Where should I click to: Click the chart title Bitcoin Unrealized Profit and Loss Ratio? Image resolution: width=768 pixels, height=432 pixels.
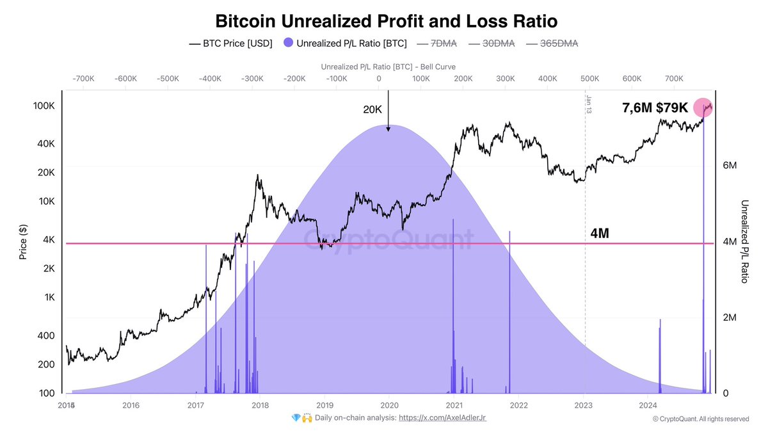tap(386, 21)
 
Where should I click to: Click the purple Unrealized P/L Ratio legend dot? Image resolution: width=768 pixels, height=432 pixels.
tap(288, 44)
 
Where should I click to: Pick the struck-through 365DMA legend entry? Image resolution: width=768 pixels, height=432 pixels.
tap(551, 44)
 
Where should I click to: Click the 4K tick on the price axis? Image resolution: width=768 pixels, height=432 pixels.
tap(49, 240)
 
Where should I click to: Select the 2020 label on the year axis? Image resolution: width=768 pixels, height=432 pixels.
tap(389, 405)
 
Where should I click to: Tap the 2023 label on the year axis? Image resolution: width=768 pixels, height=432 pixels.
tap(584, 405)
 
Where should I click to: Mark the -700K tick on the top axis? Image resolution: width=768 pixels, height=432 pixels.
tap(83, 79)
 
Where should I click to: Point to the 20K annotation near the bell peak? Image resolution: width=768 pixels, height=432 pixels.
tap(372, 110)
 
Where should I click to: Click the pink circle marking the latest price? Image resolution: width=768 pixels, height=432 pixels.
tap(703, 108)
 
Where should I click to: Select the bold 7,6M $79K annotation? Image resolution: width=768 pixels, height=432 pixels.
tap(655, 108)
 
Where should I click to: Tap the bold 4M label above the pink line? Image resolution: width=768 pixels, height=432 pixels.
tap(599, 234)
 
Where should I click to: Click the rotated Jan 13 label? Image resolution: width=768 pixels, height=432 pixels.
tap(588, 104)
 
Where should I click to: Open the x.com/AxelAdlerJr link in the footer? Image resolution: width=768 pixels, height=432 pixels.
tap(442, 417)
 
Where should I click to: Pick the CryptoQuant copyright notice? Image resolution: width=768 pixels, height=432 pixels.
tap(700, 419)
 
